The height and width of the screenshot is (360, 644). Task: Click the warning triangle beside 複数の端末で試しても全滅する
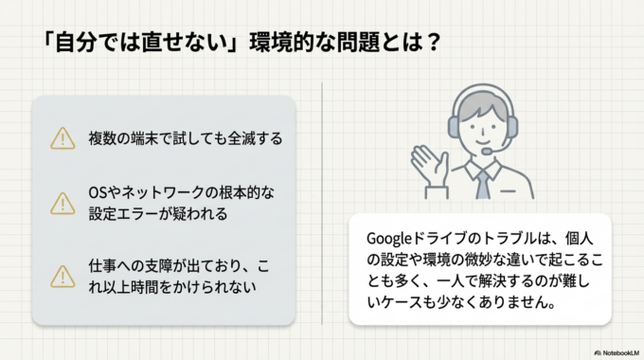tap(63, 138)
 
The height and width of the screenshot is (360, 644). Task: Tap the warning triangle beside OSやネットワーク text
tap(63, 204)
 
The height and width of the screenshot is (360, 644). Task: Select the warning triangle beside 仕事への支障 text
tap(63, 275)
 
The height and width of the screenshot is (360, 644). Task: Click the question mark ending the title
tap(429, 45)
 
